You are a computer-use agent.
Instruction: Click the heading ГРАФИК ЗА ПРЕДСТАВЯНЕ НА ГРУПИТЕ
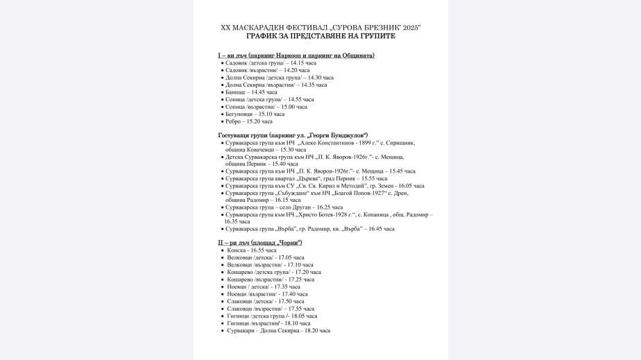(x=320, y=35)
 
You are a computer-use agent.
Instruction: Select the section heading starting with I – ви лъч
(x=296, y=55)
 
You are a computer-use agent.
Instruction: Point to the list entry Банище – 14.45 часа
(x=251, y=92)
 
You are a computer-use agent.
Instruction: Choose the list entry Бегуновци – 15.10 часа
(x=255, y=114)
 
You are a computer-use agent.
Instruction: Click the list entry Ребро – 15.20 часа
(x=249, y=121)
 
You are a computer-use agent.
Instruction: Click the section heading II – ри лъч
(x=260, y=243)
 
